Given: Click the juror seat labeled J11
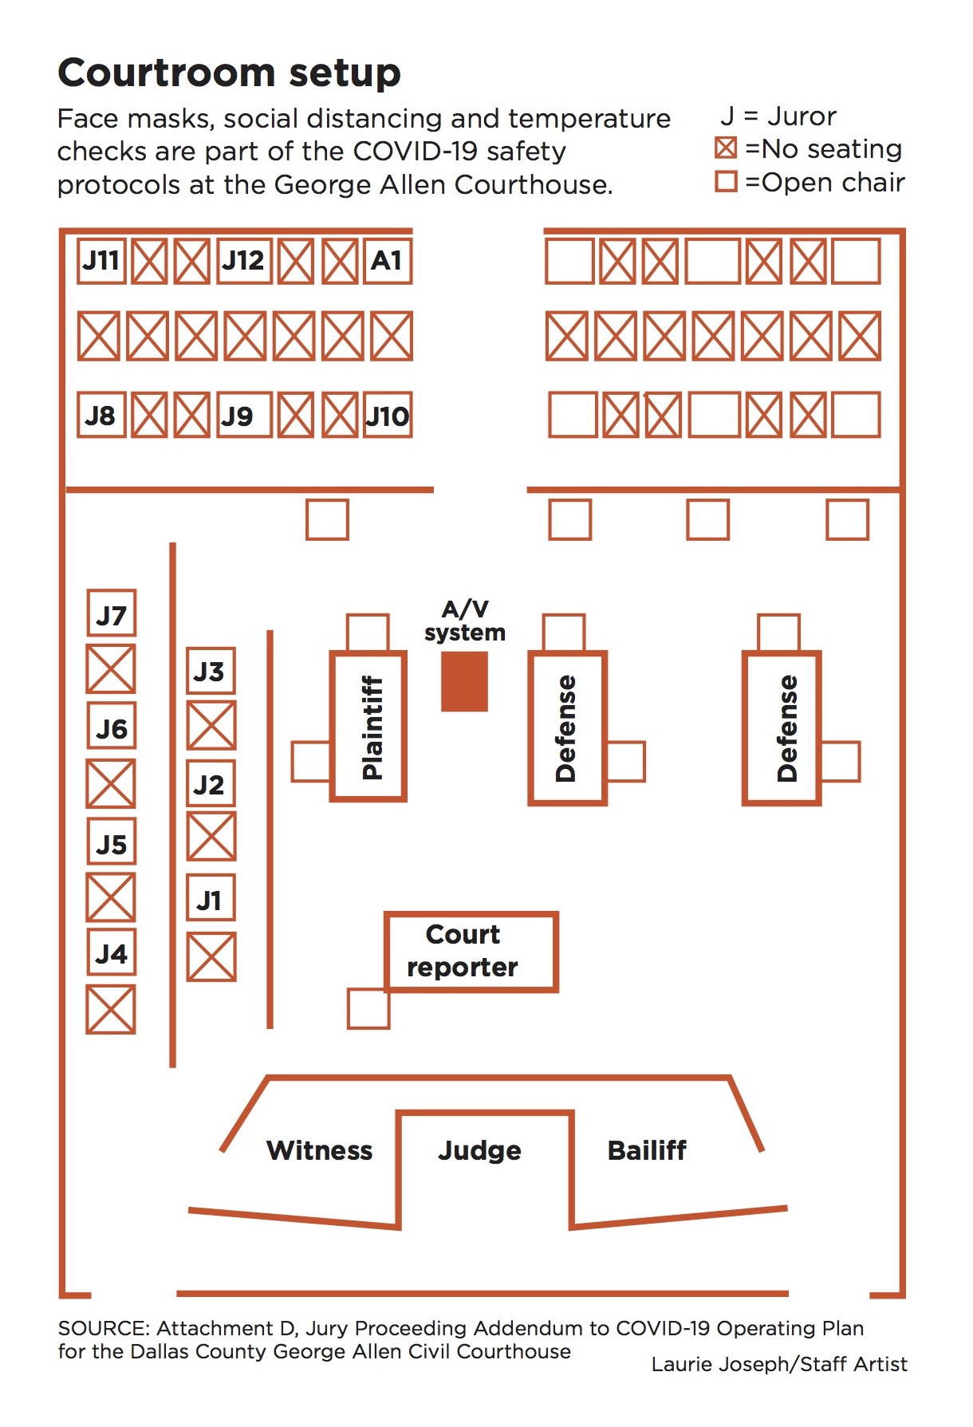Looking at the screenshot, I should (101, 261).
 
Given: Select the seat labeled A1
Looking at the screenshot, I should (388, 261).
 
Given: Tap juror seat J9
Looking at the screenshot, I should (242, 416).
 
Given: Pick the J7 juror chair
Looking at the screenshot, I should (111, 615).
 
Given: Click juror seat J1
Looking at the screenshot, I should (211, 900).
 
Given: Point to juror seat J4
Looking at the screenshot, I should (111, 953).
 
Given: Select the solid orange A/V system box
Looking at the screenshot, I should (464, 681).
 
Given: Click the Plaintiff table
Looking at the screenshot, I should (369, 727).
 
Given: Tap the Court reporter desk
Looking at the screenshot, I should (471, 951).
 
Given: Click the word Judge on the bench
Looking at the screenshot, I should (479, 1150).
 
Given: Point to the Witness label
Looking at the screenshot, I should (319, 1150).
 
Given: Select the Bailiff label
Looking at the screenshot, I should (647, 1150).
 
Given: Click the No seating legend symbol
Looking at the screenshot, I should (726, 148).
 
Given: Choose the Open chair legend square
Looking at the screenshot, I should (726, 182).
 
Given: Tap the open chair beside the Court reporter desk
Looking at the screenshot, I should (368, 1009).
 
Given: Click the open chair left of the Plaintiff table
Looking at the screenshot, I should (311, 761).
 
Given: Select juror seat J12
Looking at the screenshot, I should (244, 261).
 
